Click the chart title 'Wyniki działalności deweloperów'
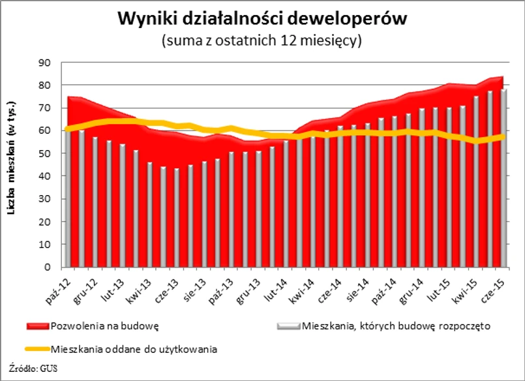(x=262, y=18)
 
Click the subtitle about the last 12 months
(x=262, y=40)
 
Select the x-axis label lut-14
(x=273, y=285)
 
